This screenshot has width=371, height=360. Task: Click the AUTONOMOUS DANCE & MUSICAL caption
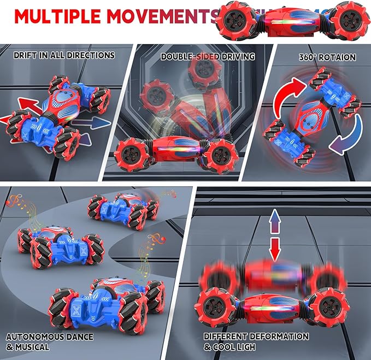click(x=43, y=342)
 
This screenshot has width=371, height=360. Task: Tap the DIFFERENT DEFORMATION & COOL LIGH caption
click(x=256, y=342)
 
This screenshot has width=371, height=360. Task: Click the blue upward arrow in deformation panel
click(x=275, y=223)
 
